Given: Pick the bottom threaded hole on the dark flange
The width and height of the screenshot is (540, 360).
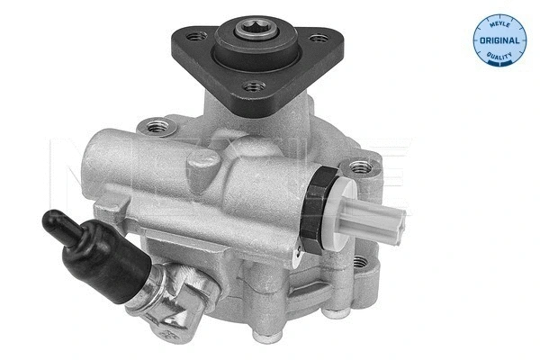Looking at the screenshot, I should pos(255,87).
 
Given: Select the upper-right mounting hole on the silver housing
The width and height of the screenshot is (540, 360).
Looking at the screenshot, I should pos(360,166).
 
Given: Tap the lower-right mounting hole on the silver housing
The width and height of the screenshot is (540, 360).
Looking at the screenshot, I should pos(362,262).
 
